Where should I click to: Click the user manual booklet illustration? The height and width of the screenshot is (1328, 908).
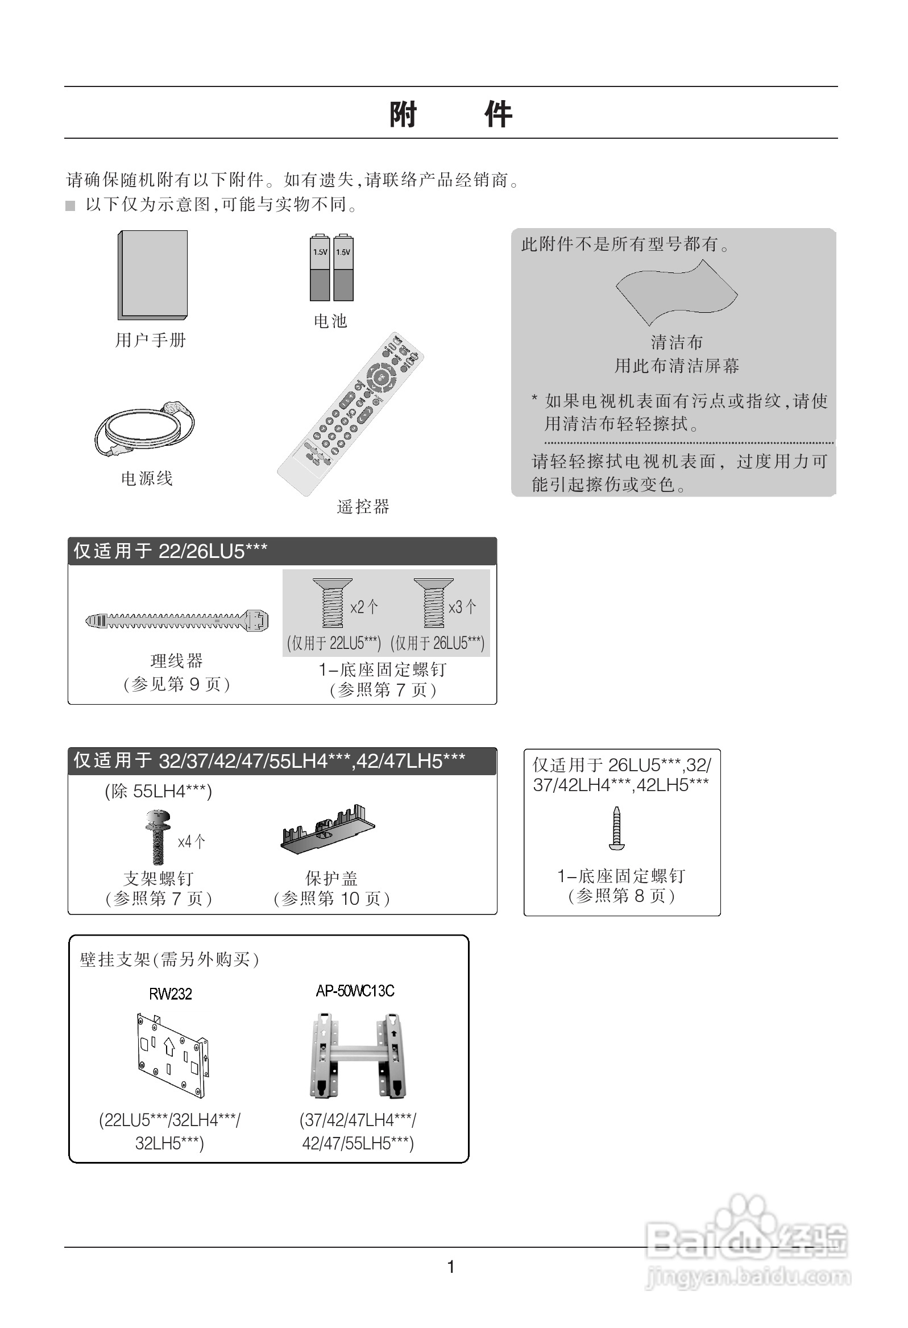152,275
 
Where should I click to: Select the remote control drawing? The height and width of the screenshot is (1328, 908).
350,412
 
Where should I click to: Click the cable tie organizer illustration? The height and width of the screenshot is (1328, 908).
177,620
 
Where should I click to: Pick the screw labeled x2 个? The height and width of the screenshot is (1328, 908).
332,603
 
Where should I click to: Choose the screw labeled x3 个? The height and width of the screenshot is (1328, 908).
433,603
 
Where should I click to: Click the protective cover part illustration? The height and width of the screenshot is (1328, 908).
327,830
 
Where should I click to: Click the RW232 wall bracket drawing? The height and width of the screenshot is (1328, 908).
173,1056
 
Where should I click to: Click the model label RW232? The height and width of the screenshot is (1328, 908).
171,994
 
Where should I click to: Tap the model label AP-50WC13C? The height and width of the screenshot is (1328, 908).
355,991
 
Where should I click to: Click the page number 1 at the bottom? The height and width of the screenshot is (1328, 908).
451,1267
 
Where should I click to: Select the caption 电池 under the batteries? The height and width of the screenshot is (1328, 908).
330,321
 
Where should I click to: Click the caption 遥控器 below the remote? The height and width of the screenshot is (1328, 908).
363,506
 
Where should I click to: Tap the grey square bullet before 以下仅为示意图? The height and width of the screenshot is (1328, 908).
71,206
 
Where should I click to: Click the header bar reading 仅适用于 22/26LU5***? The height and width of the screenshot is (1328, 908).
281,551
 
